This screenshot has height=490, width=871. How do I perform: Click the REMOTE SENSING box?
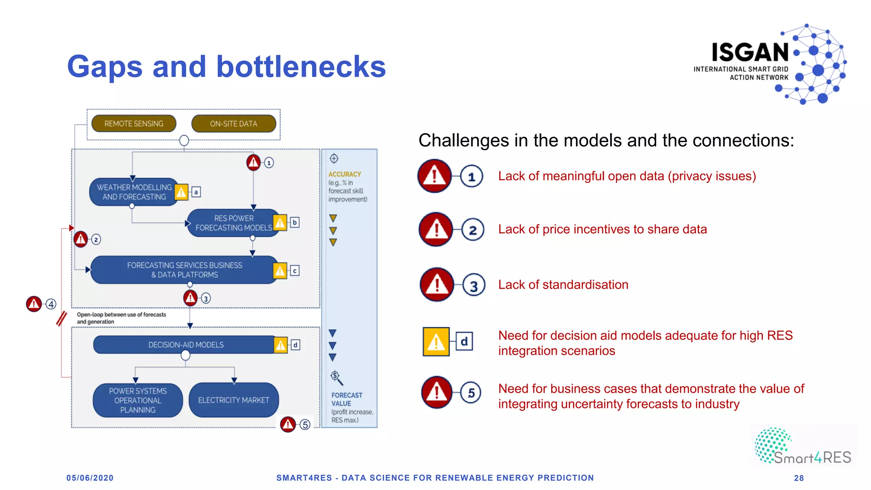[134, 123]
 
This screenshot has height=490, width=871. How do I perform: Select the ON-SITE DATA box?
[233, 123]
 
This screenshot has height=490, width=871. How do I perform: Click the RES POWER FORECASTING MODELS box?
[233, 223]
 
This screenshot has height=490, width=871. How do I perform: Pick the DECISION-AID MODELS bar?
[185, 345]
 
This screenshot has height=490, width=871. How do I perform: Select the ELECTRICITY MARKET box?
[233, 400]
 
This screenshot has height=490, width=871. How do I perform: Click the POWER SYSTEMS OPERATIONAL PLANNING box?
[138, 400]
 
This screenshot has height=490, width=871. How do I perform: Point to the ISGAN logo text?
[750, 53]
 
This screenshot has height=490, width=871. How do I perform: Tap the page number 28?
[799, 478]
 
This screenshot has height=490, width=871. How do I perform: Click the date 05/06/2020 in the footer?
[90, 478]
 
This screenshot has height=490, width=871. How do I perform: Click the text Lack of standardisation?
[563, 285]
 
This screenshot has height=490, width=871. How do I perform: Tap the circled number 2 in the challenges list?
[473, 230]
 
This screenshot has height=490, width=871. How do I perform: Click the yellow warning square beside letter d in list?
[436, 342]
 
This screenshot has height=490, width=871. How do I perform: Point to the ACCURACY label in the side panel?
[344, 174]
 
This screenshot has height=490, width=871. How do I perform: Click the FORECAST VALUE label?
[347, 399]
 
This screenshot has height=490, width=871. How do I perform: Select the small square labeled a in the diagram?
[196, 192]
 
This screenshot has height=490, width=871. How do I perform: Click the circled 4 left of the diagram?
[51, 304]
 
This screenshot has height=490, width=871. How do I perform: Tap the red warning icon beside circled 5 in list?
[437, 392]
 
